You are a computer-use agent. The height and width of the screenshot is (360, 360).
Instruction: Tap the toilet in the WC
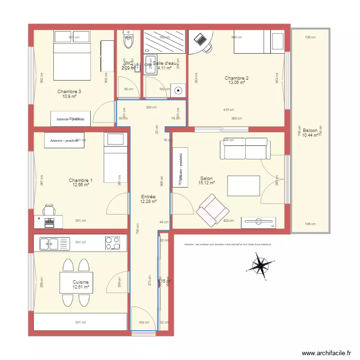tap(128, 42)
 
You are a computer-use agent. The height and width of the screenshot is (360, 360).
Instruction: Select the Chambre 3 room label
tap(69, 92)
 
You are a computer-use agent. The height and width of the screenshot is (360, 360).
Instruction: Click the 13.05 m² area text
tap(237, 83)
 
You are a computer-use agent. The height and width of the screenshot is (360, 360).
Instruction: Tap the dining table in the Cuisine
tap(76, 283)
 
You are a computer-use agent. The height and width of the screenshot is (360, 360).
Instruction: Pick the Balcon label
tap(310, 130)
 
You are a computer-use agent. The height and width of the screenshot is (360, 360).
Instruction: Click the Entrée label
tap(148, 197)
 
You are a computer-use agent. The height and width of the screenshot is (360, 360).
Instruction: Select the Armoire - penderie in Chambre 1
tap(64, 140)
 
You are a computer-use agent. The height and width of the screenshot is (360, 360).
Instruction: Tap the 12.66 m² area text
tap(81, 185)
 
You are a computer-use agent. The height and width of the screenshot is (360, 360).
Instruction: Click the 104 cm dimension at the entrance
tap(144, 323)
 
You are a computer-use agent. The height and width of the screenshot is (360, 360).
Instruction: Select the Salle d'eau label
tap(165, 63)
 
